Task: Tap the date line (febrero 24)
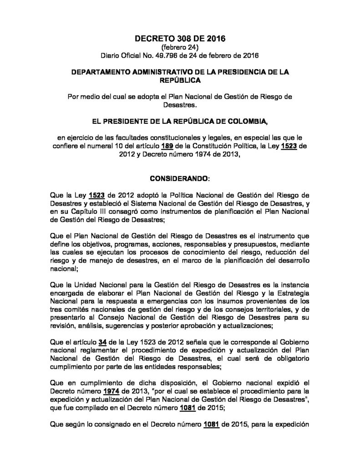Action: coord(180,47)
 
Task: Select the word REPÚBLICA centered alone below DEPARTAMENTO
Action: coord(180,80)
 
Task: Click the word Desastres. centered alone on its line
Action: coord(180,104)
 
